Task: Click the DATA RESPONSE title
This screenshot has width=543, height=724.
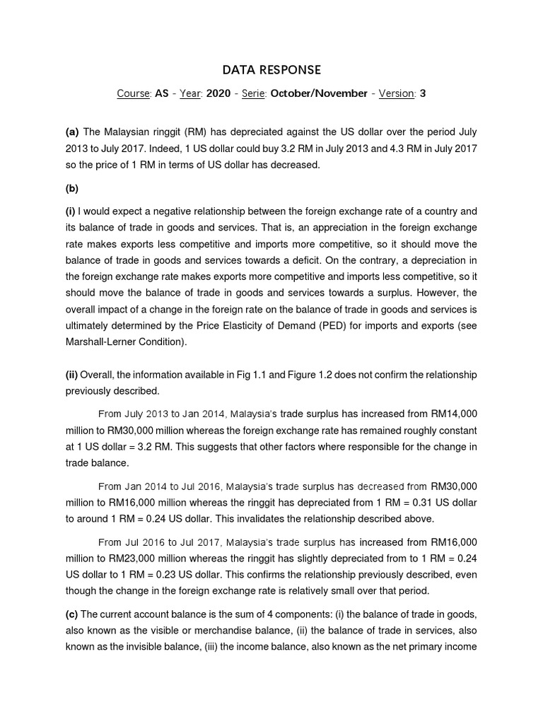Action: click(271, 69)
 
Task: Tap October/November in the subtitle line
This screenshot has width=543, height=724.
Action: click(319, 93)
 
